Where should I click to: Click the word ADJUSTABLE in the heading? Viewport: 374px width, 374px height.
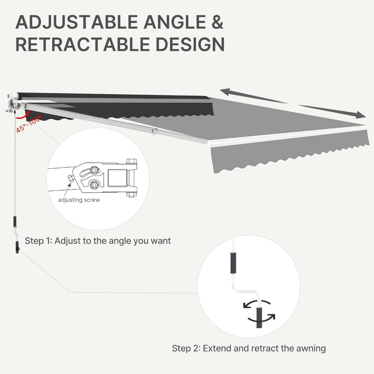[x=77, y=22]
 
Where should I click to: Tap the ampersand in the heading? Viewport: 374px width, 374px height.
[x=217, y=22]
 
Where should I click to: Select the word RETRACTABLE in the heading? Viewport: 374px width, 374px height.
[x=83, y=44]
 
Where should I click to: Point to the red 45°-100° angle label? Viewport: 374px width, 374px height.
[x=28, y=123]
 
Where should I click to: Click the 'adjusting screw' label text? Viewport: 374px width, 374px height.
[x=79, y=200]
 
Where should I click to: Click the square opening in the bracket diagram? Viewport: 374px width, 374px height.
[x=117, y=178]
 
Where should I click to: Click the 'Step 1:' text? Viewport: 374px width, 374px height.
[x=38, y=241]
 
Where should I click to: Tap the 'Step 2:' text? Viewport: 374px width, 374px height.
[x=186, y=348]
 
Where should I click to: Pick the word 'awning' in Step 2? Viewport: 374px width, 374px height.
[x=311, y=349]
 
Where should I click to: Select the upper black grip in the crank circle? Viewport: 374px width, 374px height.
[x=233, y=263]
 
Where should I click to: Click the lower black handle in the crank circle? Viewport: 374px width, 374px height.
[x=259, y=317]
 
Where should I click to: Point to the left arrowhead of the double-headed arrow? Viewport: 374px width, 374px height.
[x=225, y=92]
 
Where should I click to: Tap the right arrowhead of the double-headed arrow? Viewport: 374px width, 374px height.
[x=360, y=115]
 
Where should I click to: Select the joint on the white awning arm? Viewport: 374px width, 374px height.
[x=154, y=131]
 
